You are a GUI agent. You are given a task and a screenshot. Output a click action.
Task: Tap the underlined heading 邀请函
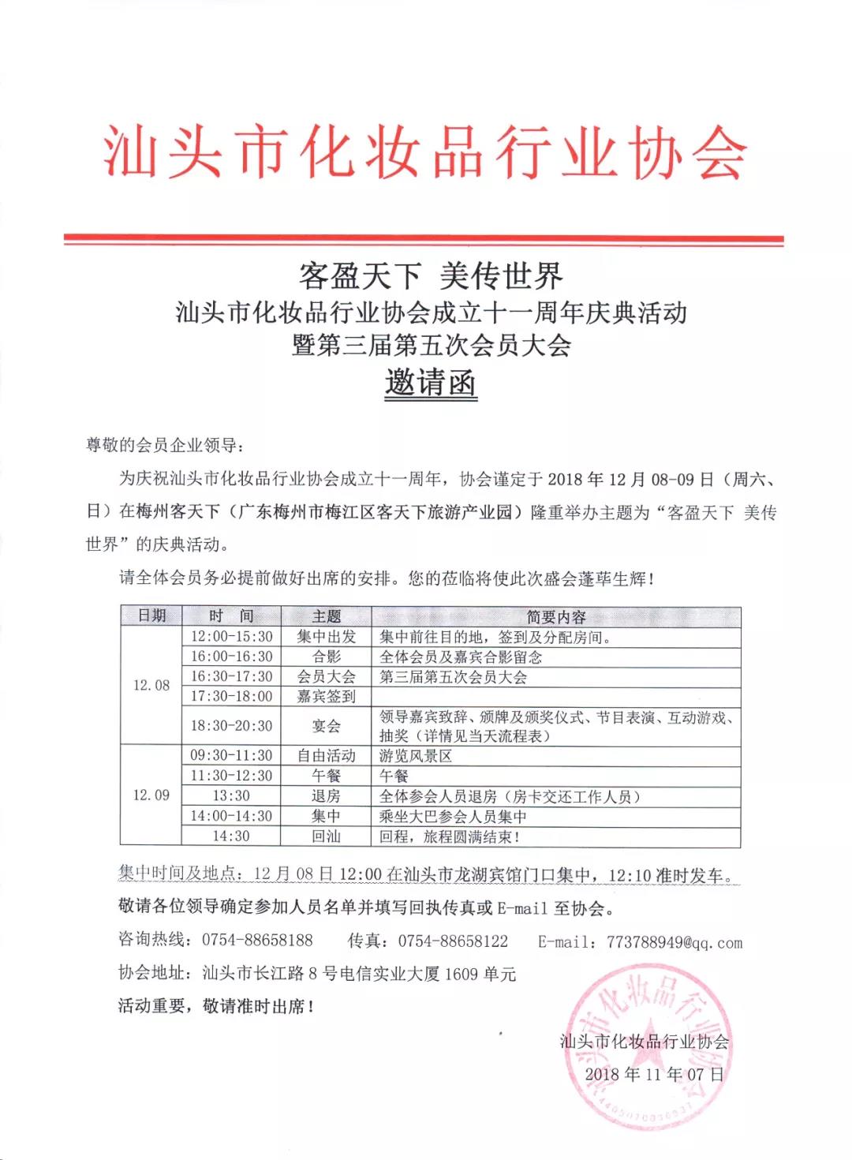pos(431,384)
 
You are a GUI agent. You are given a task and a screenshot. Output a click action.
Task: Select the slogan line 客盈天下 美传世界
pos(431,275)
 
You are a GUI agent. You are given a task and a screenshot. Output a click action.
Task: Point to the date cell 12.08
pos(151,685)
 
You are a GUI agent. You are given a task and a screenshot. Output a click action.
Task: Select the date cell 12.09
pos(151,795)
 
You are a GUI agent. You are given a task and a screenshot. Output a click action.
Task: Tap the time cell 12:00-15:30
pos(231,637)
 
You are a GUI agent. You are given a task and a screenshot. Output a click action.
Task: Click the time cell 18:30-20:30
pos(231,725)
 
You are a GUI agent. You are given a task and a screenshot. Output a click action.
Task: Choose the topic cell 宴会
pos(326,725)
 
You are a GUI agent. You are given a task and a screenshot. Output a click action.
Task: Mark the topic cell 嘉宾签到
pos(326,696)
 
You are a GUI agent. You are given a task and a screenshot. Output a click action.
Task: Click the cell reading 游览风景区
pos(416,756)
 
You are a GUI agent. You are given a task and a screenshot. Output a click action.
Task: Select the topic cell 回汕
pos(326,836)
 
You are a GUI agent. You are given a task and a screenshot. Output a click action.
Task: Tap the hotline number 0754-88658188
pos(257,941)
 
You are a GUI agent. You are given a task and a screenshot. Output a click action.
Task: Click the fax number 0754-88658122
pos(453,941)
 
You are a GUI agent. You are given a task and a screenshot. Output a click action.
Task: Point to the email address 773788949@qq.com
pos(674,942)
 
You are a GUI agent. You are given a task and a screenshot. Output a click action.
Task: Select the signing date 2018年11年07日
pos(654,1074)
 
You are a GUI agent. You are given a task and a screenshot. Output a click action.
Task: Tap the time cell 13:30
pos(231,795)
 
